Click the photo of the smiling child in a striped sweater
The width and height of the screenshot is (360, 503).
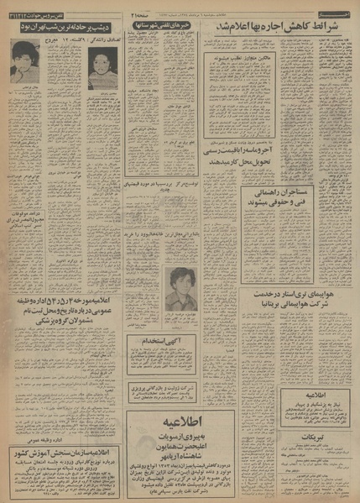coord(103,68)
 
